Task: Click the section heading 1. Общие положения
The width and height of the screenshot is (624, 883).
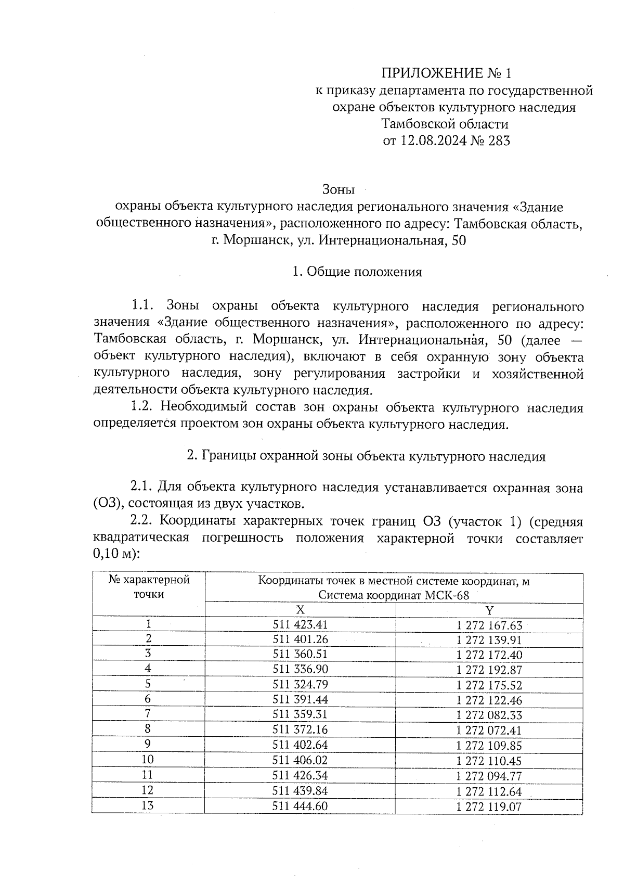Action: tap(357, 272)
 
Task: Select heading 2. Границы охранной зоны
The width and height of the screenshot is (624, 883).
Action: tap(366, 456)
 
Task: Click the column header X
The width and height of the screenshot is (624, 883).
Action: tap(300, 610)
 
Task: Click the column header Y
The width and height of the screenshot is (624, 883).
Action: tap(489, 610)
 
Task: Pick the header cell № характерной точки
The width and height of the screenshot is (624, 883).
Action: tap(149, 587)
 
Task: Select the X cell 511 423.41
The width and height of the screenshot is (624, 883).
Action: tap(300, 624)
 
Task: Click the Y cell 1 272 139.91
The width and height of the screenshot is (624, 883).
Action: tap(489, 640)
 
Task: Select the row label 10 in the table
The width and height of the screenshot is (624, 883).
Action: tap(148, 760)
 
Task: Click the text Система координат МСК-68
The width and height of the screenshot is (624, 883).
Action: tap(394, 595)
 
